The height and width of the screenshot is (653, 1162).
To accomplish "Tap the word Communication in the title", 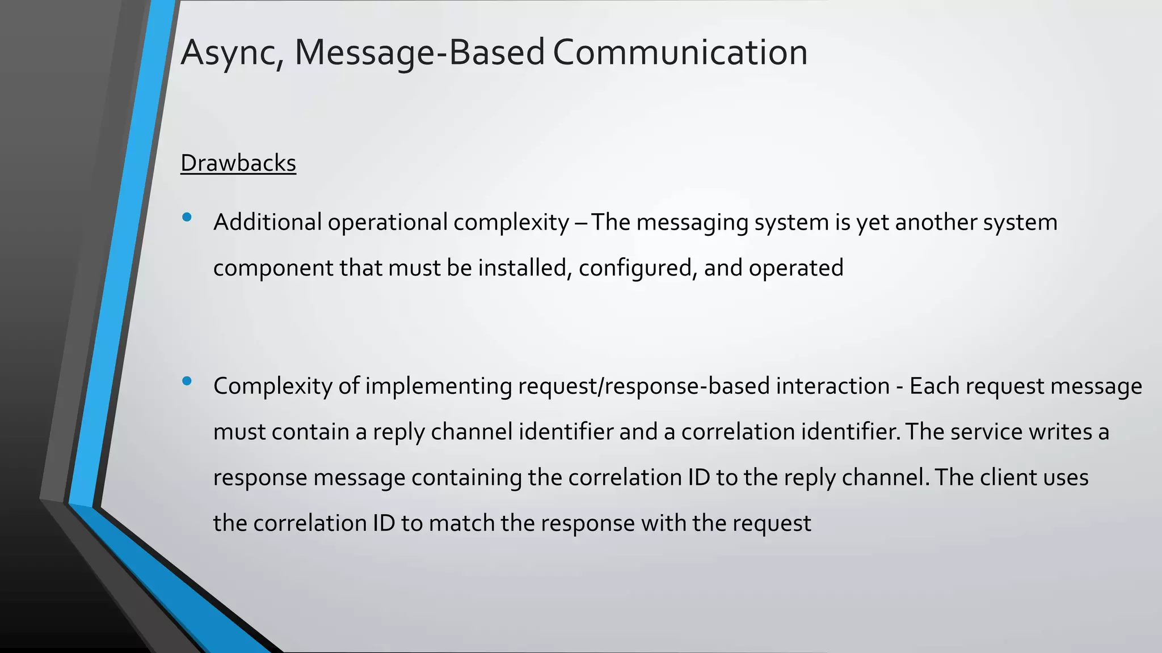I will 680,52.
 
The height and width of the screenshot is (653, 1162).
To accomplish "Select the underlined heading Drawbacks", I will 238,163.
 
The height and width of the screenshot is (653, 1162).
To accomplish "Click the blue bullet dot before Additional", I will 187,217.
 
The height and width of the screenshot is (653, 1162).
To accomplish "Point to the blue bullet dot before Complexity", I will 187,381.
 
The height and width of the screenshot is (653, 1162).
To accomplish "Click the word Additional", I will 267,222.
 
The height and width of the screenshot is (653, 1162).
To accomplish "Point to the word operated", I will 796,268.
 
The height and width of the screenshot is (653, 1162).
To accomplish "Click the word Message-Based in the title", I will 420,52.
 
